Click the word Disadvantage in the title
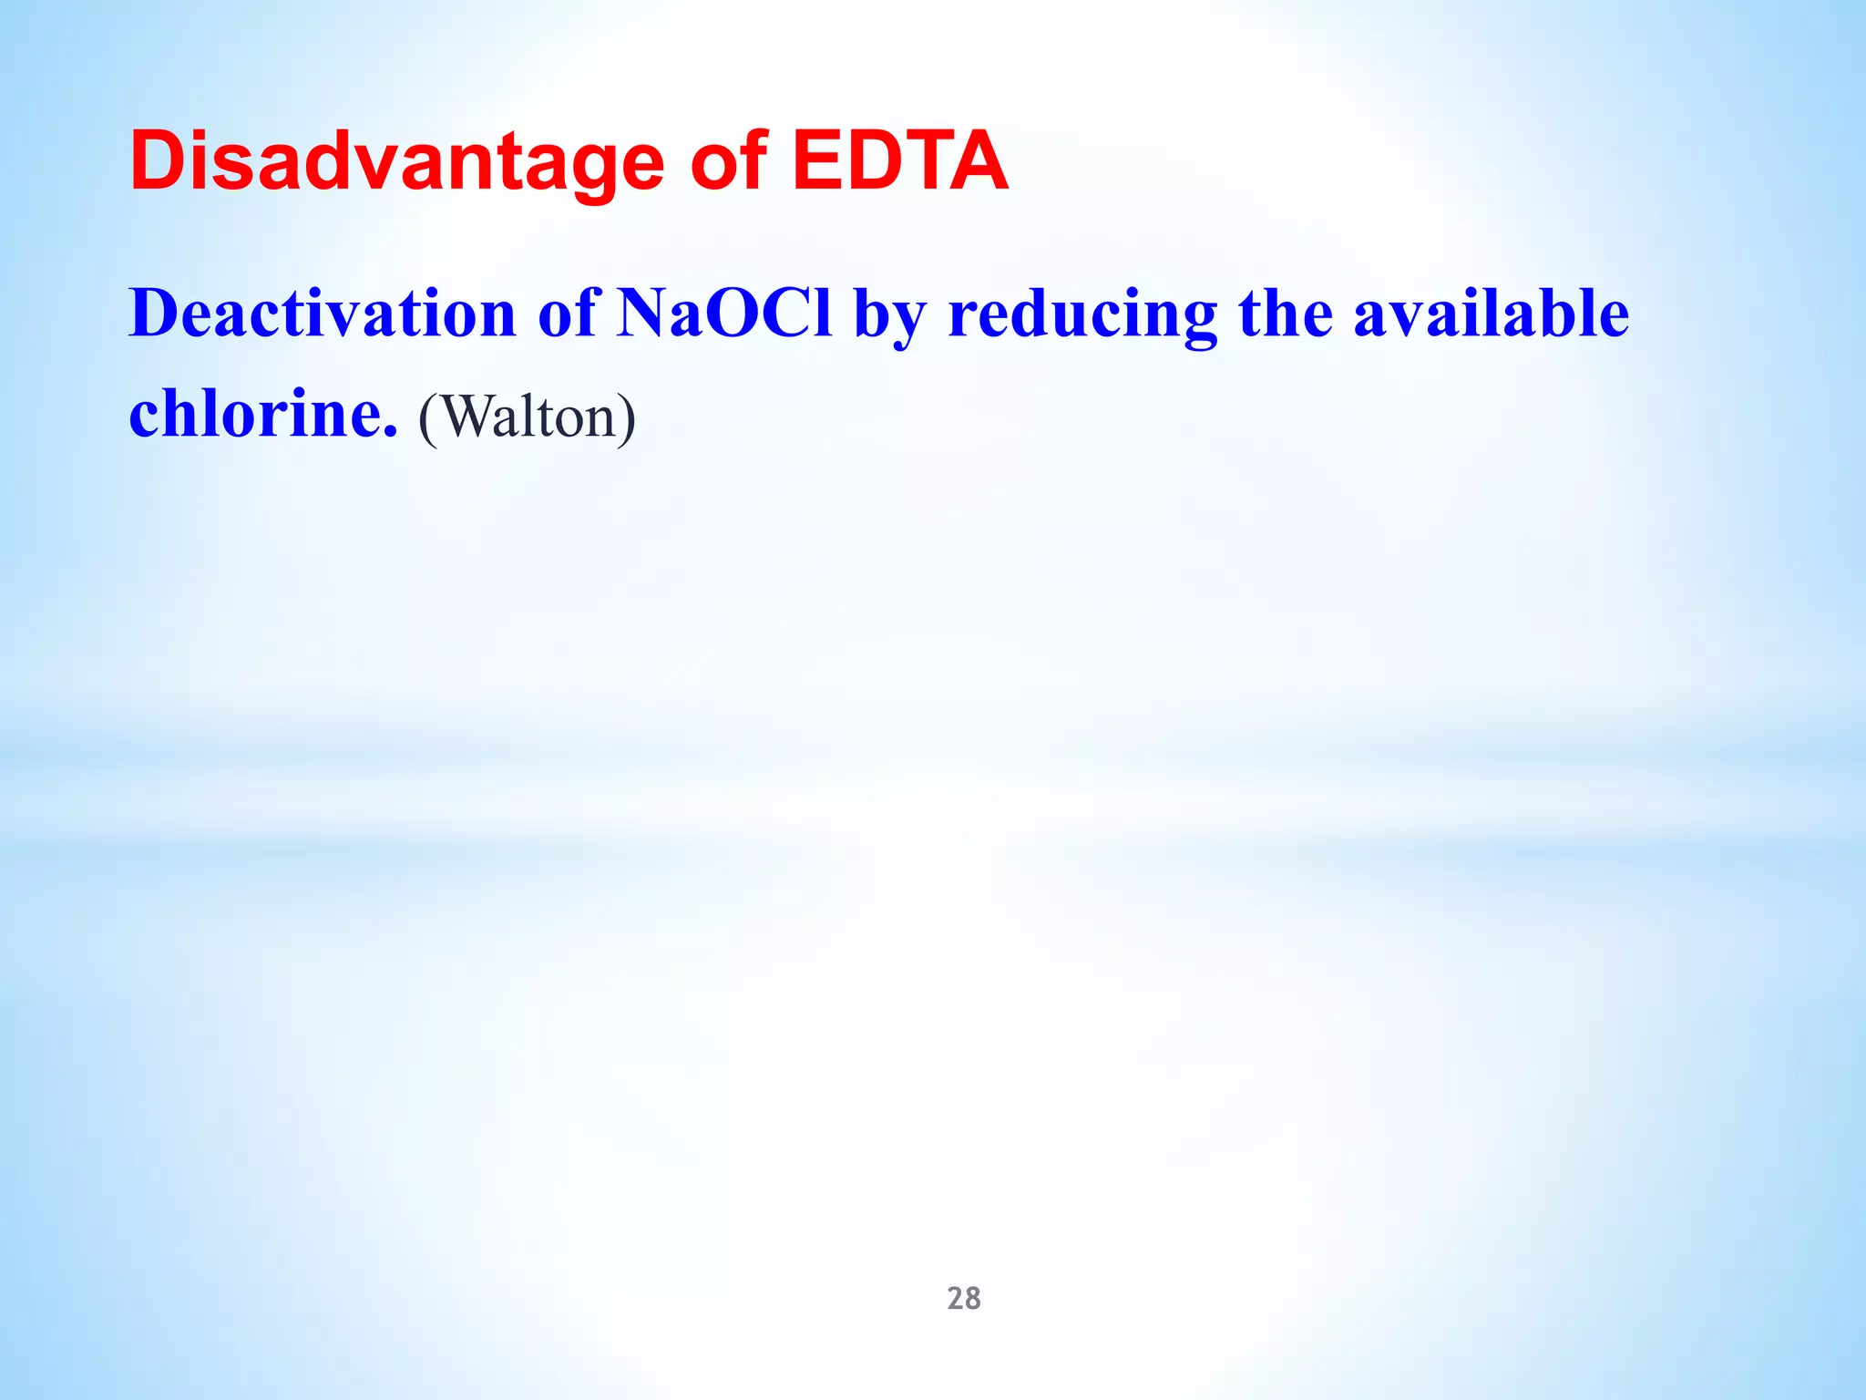click(396, 162)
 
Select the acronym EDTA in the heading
click(900, 162)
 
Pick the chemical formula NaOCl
click(724, 314)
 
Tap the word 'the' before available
click(1286, 314)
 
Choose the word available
click(1492, 314)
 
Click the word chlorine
click(256, 414)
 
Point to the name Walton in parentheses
click(528, 417)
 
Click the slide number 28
click(964, 1298)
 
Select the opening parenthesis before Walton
click(427, 418)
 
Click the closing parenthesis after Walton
click(626, 418)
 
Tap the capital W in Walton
click(467, 417)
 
